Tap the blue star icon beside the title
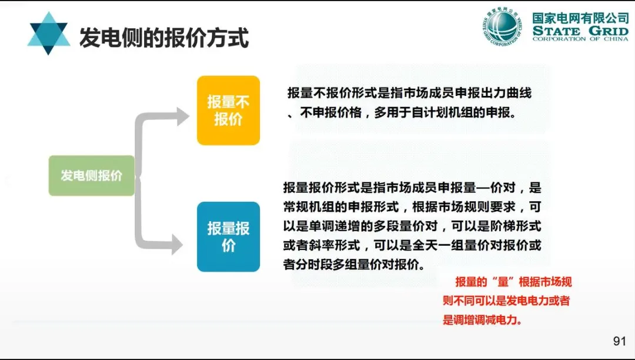(x=48, y=34)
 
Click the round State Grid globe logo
(x=503, y=26)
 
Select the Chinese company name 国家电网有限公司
(x=580, y=18)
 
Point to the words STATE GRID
(x=580, y=31)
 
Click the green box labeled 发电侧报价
(x=92, y=175)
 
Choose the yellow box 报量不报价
(x=228, y=110)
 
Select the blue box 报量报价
(x=228, y=236)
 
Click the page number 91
(x=619, y=341)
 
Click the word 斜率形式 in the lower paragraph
(x=333, y=245)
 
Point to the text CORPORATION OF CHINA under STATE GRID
(x=580, y=39)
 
